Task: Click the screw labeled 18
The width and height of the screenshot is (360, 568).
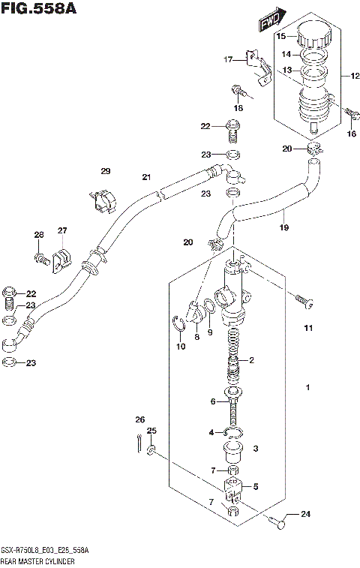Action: click(x=236, y=91)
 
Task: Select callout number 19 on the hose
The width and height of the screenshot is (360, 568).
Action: click(x=283, y=227)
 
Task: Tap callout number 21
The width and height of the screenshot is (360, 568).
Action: click(x=147, y=177)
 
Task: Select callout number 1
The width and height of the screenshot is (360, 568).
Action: click(x=307, y=388)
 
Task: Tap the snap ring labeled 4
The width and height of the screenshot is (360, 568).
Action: click(x=234, y=433)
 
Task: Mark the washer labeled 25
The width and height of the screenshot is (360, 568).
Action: click(x=151, y=450)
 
